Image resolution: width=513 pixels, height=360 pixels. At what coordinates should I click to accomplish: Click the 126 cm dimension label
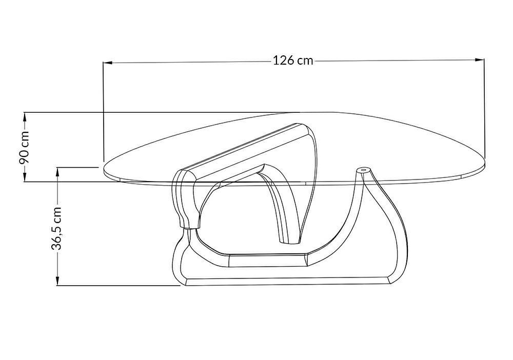pos(293,61)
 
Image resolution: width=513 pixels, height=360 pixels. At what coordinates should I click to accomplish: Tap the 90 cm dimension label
pos(25,147)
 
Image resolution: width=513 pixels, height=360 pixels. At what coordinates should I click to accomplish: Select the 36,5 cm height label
pos(57,228)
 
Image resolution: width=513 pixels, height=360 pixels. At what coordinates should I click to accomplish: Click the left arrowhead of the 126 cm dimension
pos(108,62)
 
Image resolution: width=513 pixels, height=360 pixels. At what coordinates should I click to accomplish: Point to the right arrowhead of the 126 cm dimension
pos(480,59)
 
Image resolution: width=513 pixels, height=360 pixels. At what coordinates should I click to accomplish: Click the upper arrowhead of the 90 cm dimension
pos(25,117)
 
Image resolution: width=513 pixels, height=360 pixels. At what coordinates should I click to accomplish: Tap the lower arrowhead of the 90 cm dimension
pos(25,176)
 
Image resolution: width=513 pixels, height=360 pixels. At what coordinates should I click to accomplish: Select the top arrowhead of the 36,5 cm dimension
pos(57,172)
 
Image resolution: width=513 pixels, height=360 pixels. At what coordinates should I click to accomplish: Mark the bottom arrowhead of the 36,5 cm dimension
pos(57,281)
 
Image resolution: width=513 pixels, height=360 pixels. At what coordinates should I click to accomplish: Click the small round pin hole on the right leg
pos(364,170)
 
